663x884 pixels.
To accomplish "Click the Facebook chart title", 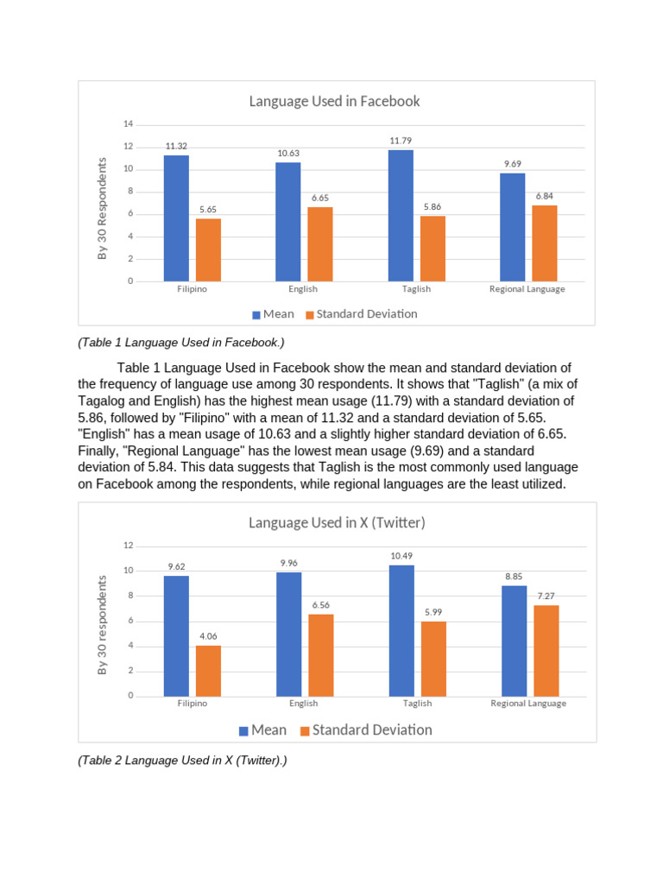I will click(334, 101).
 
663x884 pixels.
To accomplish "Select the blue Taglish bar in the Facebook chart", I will click(401, 216).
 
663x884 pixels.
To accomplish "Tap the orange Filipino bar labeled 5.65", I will click(208, 249).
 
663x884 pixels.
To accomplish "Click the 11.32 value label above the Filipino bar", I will click(176, 147).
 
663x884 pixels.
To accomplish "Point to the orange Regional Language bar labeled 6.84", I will click(545, 243).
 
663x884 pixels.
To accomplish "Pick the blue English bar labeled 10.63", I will click(288, 222).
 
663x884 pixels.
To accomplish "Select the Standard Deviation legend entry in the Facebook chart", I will click(366, 314).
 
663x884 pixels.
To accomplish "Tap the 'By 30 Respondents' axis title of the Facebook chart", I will click(102, 208).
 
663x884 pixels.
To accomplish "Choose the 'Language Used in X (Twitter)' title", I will click(337, 522).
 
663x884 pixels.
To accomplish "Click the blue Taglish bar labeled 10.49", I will click(401, 630).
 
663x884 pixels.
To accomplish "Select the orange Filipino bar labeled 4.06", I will click(208, 671).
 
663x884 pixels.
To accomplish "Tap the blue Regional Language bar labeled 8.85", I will click(514, 641).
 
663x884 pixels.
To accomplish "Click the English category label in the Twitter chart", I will click(303, 704).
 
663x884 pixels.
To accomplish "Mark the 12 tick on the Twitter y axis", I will click(128, 546).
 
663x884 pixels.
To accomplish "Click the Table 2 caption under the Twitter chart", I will click(181, 761).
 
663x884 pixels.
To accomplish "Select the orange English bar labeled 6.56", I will click(320, 655).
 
